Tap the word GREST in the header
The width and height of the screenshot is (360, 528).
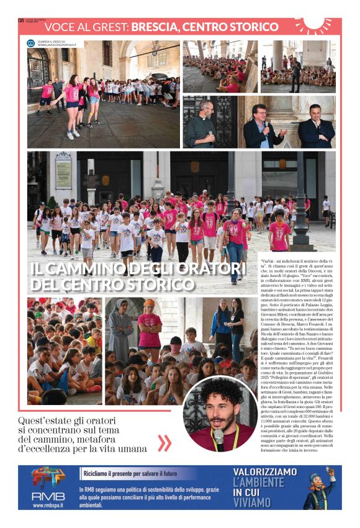tap(110, 27)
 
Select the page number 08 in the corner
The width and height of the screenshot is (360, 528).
tap(20, 20)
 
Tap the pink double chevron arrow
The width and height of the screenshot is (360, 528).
tap(164, 442)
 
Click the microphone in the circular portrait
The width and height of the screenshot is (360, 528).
tap(218, 438)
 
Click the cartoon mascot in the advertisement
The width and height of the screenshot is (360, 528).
tap(321, 489)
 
